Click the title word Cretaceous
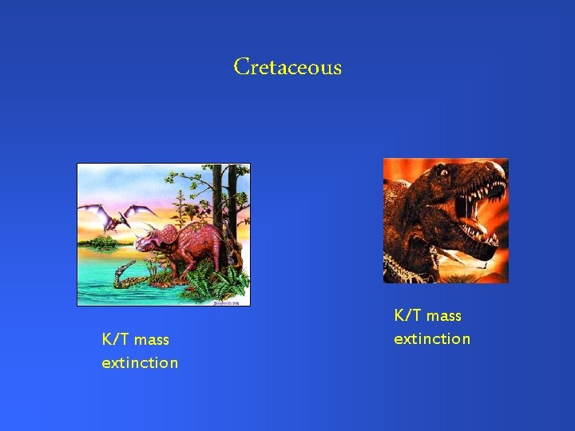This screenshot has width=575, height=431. pyautogui.click(x=287, y=67)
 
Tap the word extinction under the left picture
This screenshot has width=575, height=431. pyautogui.click(x=140, y=363)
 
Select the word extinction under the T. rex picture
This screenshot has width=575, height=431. pyautogui.click(x=432, y=339)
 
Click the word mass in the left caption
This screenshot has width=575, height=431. pyautogui.click(x=152, y=340)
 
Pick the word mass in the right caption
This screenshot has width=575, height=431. pyautogui.click(x=444, y=316)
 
